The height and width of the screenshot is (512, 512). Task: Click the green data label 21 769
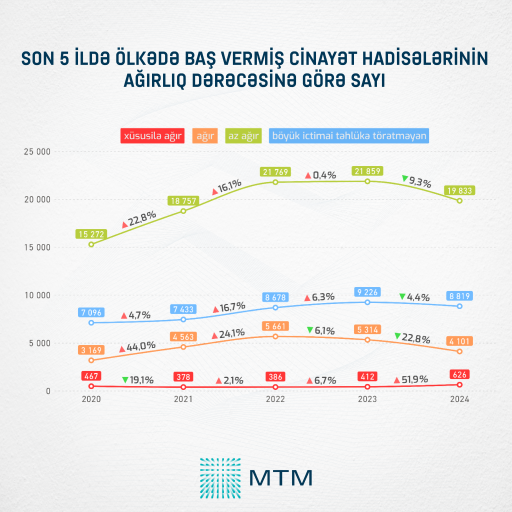point(275,171)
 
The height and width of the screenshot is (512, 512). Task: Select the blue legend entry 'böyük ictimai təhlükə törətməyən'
point(349,135)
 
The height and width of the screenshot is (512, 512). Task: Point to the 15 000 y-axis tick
point(37,247)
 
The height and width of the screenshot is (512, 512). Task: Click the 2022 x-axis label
point(275,399)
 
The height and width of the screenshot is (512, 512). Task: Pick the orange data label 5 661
point(275,326)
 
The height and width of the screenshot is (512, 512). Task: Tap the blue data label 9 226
point(367,292)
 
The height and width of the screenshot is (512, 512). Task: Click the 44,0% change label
point(141,346)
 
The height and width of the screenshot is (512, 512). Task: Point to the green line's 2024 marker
point(459,200)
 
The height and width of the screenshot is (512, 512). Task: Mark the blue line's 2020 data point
point(91,322)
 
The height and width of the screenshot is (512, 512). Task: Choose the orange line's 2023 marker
point(367,340)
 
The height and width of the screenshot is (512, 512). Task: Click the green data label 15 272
point(91,233)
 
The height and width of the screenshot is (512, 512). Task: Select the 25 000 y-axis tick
point(37,151)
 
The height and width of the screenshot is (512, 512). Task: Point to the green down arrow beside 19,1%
point(125,380)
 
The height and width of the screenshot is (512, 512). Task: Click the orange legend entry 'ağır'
point(204,135)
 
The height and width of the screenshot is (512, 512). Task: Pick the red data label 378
point(183,376)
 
